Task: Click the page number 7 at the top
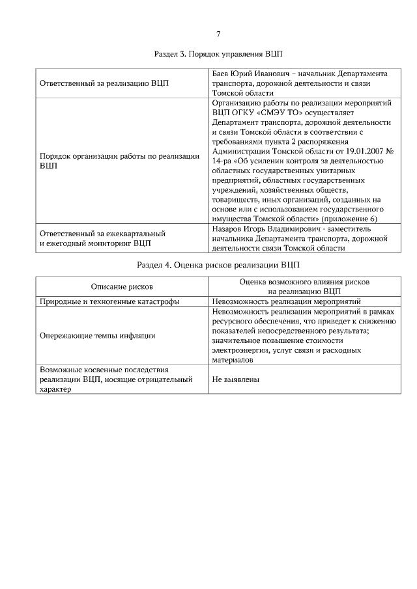pyautogui.click(x=218, y=34)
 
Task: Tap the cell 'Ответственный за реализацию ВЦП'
pyautogui.click(x=98, y=84)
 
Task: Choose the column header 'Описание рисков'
pyautogui.click(x=122, y=287)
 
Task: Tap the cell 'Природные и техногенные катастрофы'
pyautogui.click(x=109, y=302)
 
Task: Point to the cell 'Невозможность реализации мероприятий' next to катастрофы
pyautogui.click(x=287, y=302)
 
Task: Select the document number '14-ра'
pyautogui.click(x=223, y=161)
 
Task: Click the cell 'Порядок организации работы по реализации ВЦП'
pyautogui.click(x=119, y=161)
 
